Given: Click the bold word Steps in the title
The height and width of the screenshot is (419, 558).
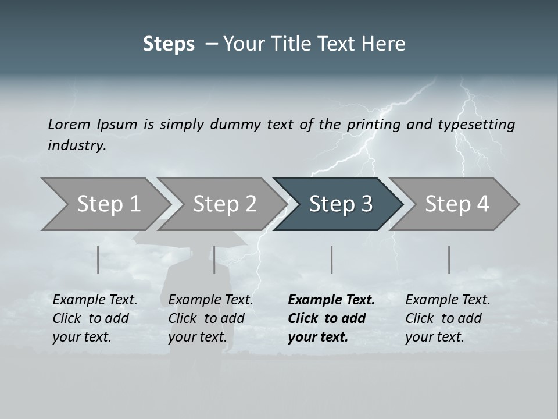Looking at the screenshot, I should [169, 44].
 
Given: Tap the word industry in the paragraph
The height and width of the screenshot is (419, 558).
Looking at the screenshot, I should [77, 145].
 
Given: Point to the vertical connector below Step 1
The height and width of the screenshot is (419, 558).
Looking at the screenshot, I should [98, 260].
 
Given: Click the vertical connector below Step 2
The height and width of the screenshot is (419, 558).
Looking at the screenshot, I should [214, 260].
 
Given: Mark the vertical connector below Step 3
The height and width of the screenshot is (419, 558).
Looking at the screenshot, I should [331, 260].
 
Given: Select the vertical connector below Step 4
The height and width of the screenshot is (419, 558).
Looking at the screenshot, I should [449, 260].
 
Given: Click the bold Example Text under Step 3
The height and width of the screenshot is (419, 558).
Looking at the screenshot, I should [331, 300].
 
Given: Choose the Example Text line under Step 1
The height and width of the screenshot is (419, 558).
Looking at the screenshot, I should [95, 300].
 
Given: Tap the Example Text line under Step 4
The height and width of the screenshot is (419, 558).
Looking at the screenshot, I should [448, 300].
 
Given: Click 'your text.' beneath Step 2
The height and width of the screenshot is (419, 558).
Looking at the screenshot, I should [197, 337].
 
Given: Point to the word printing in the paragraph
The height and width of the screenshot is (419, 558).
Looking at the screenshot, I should [376, 124].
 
